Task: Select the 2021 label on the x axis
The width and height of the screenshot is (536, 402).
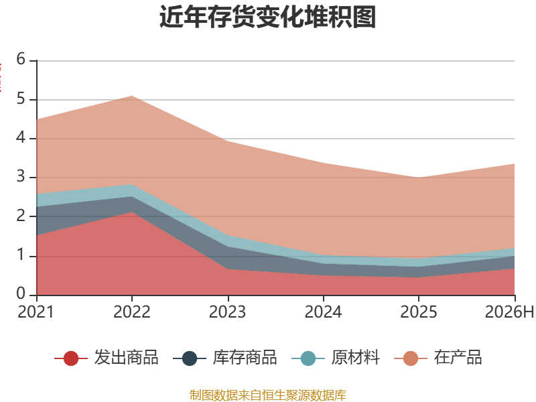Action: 36,312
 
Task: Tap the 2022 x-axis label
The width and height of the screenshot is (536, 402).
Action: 131,312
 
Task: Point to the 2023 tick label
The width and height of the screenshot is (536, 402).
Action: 227,312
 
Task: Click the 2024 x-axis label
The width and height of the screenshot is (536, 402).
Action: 323,312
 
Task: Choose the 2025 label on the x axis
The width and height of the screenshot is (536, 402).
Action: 419,312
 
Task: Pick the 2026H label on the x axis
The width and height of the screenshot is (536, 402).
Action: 509,312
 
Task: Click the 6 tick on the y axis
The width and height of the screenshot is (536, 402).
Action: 21,59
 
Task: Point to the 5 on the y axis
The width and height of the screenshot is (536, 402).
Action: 21,98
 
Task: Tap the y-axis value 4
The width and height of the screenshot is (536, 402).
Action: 21,138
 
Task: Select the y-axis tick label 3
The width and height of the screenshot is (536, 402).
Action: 21,177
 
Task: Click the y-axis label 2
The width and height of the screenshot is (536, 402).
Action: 21,216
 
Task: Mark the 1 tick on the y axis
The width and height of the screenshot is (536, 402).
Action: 21,255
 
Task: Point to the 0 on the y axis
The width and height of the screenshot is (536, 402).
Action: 21,293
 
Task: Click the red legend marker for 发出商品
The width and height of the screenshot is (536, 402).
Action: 71,358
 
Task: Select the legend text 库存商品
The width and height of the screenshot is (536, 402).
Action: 245,358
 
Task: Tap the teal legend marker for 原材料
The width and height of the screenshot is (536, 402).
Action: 308,358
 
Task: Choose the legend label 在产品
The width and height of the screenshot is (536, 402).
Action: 458,358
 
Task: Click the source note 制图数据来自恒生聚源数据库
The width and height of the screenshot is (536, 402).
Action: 268,395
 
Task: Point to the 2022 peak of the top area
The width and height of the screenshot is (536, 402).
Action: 131,96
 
